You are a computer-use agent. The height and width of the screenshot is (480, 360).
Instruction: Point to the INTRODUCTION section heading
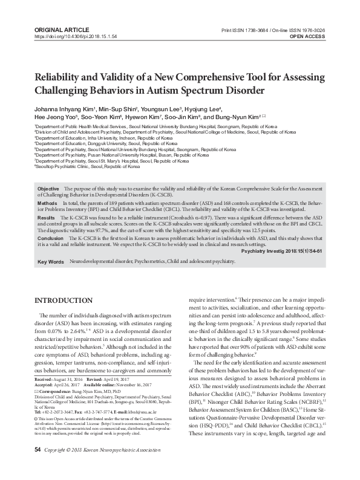pyautogui.click(x=64, y=300)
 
